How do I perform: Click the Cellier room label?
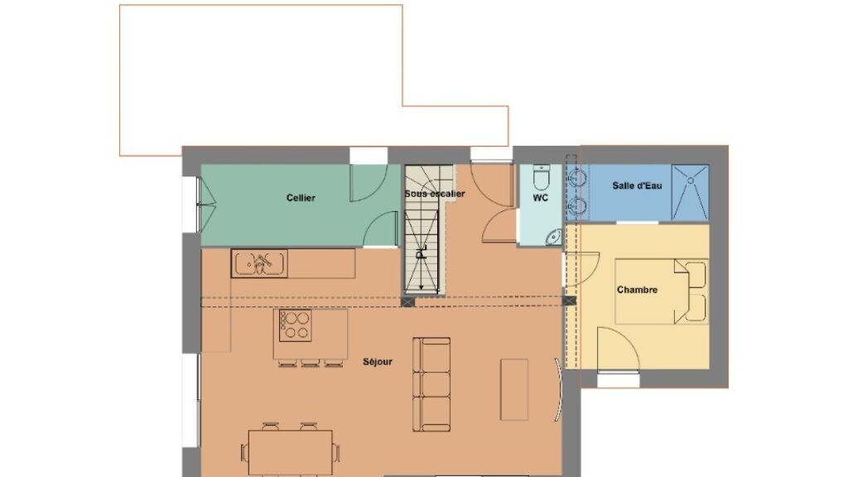click(x=301, y=198)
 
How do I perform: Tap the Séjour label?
click(x=378, y=362)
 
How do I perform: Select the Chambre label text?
click(x=637, y=290)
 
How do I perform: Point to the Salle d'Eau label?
click(x=637, y=185)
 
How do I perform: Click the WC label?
click(x=540, y=198)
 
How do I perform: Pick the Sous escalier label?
click(x=435, y=194)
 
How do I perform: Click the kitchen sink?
click(x=259, y=263)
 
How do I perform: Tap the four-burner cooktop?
click(x=296, y=325)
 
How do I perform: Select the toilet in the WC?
click(x=541, y=177)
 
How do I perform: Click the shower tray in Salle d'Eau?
click(x=690, y=192)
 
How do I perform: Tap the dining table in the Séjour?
click(x=291, y=453)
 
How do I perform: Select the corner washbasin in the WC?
click(x=553, y=236)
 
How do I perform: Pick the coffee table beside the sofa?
click(x=513, y=389)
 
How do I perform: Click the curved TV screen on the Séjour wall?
click(x=559, y=389)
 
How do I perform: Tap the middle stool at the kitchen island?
click(x=311, y=363)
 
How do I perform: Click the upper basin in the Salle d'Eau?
click(x=577, y=177)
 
